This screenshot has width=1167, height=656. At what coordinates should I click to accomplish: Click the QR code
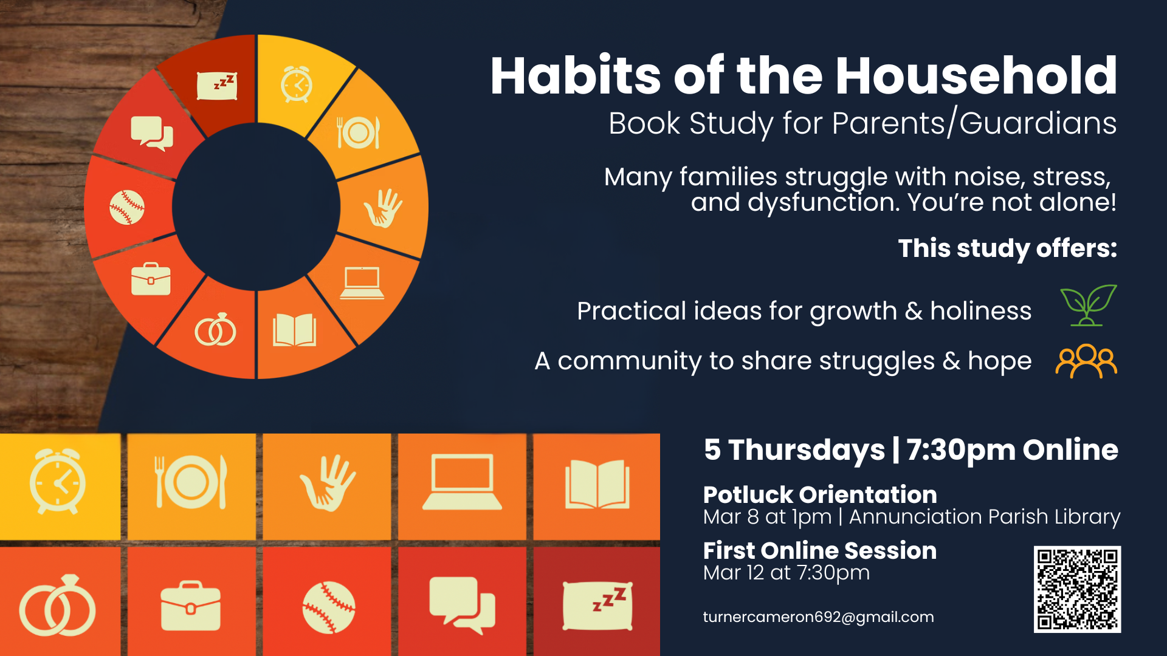pyautogui.click(x=1077, y=589)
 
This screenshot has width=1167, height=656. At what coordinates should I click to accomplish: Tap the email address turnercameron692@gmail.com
pyautogui.click(x=818, y=617)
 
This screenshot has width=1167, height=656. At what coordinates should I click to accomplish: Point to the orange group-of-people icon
pyautogui.click(x=1087, y=361)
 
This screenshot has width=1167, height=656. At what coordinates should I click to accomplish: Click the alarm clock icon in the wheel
pyautogui.click(x=297, y=84)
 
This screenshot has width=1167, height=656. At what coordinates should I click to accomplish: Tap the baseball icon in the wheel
pyautogui.click(x=127, y=207)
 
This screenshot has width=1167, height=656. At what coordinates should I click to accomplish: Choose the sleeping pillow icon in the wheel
pyautogui.click(x=217, y=86)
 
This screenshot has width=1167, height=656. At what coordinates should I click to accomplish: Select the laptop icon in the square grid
pyautogui.click(x=462, y=482)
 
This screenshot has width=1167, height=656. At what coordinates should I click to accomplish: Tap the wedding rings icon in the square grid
pyautogui.click(x=58, y=606)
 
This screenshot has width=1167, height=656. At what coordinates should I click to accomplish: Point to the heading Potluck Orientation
pyautogui.click(x=820, y=494)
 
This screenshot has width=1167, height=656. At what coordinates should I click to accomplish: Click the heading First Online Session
pyautogui.click(x=820, y=550)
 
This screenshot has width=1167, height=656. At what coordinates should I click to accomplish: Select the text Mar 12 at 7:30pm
pyautogui.click(x=787, y=573)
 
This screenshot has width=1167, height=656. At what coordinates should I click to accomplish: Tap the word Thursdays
pyautogui.click(x=807, y=450)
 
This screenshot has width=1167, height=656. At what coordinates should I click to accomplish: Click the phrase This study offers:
pyautogui.click(x=1008, y=248)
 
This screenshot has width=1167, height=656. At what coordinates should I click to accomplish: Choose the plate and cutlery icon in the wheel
pyautogui.click(x=359, y=132)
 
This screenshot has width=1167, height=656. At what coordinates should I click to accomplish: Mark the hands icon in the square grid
pyautogui.click(x=328, y=483)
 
